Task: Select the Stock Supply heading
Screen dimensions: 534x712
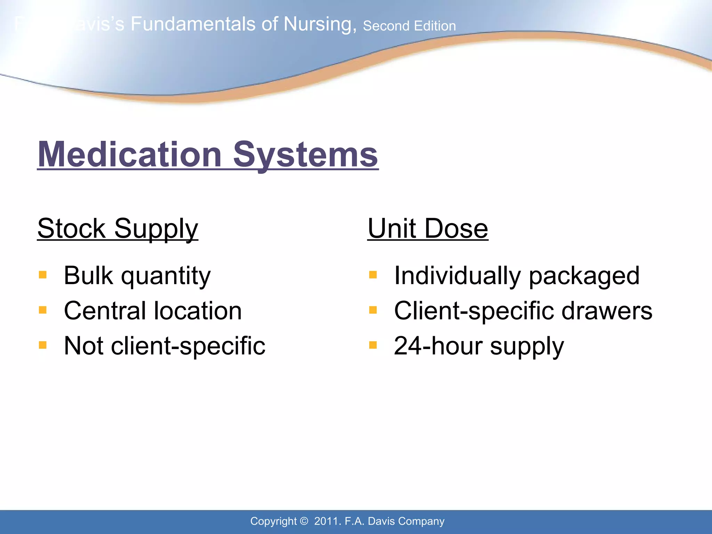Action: pos(118,229)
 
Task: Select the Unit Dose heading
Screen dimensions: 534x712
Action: pos(428,229)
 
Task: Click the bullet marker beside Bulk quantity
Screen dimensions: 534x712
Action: pos(43,275)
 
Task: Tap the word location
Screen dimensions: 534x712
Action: pos(198,310)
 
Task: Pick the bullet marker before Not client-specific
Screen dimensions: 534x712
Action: pos(43,345)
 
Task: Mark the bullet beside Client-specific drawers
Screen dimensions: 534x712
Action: pos(373,310)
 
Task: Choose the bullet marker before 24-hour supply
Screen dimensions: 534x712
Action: pos(373,345)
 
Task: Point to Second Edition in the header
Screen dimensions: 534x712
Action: pos(409,26)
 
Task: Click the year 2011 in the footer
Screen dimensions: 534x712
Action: pos(326,521)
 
